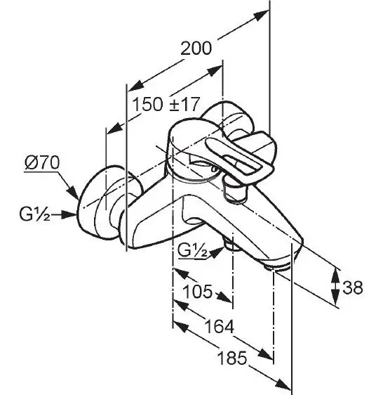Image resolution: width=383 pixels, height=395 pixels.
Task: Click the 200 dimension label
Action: click(196, 48)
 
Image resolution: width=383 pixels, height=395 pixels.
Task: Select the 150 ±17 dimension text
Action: click(166, 104)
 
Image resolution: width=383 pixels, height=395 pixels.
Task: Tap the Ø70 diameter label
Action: click(42, 163)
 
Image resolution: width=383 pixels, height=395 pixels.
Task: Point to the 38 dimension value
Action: click(353, 287)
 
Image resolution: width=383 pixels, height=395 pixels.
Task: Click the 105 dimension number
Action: click(198, 292)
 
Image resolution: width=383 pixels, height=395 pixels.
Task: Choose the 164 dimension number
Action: click(220, 326)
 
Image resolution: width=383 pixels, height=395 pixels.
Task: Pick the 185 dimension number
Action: click(232, 358)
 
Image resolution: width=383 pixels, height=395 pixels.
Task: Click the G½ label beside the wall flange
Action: click(34, 214)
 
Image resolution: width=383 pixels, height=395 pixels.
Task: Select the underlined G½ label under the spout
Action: click(192, 251)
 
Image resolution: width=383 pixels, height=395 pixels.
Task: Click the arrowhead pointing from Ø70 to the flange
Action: click(72, 192)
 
